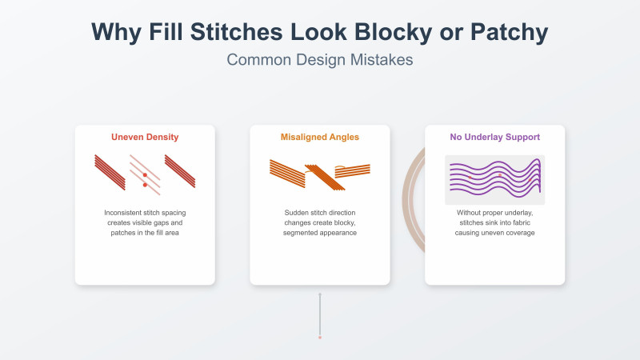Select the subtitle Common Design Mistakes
[x=320, y=60]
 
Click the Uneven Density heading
[x=145, y=137]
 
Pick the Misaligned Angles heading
[x=320, y=137]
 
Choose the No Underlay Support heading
[x=494, y=137]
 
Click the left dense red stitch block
[x=110, y=171]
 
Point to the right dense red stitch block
[x=180, y=171]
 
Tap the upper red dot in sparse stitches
[x=145, y=174]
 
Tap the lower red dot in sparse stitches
[x=145, y=185]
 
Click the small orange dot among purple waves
[x=499, y=174]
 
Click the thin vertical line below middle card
[x=320, y=314]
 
